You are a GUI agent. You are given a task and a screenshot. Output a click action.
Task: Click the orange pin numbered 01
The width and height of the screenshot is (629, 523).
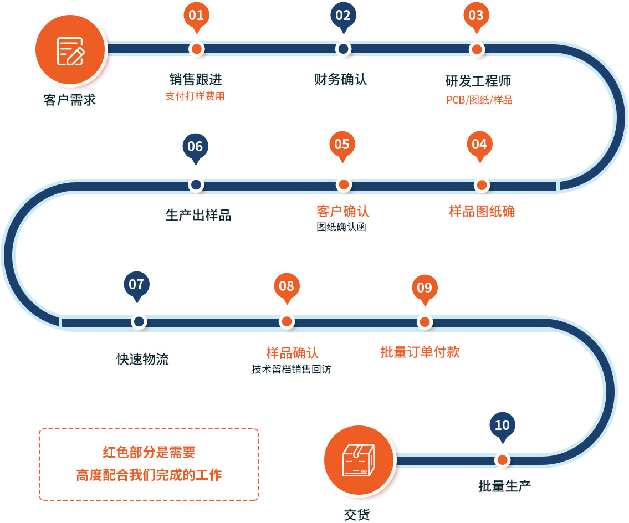click(196, 16)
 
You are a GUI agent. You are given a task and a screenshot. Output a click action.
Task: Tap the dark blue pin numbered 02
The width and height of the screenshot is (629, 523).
click(343, 16)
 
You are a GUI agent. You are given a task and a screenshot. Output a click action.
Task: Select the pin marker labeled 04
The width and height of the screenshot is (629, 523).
click(479, 145)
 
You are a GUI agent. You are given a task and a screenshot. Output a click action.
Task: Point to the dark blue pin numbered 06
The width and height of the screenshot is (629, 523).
click(195, 147)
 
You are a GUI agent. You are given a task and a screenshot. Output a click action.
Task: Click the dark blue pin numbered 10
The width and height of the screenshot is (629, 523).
click(502, 425)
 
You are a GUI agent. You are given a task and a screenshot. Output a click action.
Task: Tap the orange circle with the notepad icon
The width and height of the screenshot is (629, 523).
click(70, 50)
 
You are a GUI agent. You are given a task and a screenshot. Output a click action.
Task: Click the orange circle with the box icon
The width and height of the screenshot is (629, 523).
click(359, 460)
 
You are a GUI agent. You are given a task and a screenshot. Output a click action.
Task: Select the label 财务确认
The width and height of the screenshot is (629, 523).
click(340, 79)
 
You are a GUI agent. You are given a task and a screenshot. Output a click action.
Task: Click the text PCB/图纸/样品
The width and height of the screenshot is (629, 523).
click(479, 100)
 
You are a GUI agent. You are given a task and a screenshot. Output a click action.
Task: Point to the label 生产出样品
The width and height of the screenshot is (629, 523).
click(198, 215)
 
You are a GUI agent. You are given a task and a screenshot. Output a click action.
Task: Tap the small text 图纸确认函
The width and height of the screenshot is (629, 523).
click(341, 227)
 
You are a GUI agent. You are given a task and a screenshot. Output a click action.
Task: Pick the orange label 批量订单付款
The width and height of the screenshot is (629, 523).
click(420, 352)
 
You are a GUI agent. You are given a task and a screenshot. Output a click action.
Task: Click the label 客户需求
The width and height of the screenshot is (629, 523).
click(70, 100)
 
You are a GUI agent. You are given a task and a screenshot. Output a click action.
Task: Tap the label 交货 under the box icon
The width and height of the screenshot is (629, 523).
click(357, 514)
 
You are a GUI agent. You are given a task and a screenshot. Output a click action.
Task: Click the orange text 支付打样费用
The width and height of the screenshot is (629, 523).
click(195, 96)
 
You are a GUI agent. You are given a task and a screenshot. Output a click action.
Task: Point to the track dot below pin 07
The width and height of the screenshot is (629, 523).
click(139, 321)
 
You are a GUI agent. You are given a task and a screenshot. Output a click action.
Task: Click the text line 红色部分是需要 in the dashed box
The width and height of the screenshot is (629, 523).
click(149, 452)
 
